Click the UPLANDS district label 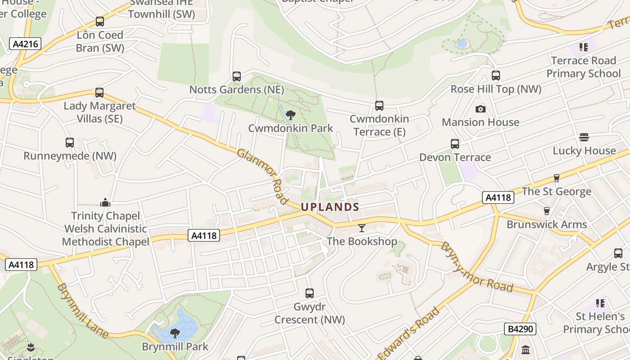pyautogui.click(x=330, y=207)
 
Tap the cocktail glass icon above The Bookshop pyautogui.click(x=361, y=228)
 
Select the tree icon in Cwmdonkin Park pyautogui.click(x=291, y=115)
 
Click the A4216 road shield pyautogui.click(x=25, y=44)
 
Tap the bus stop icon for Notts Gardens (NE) pyautogui.click(x=237, y=76)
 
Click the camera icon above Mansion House pyautogui.click(x=480, y=109)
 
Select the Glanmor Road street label pyautogui.click(x=262, y=176)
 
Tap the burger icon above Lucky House pyautogui.click(x=584, y=137)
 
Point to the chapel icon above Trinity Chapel pyautogui.click(x=105, y=202)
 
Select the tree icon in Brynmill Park pyautogui.click(x=175, y=333)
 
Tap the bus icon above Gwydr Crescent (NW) pyautogui.click(x=310, y=293)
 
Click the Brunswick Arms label pyautogui.click(x=547, y=224)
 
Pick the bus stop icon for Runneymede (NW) pyautogui.click(x=70, y=143)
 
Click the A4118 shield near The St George pyautogui.click(x=498, y=197)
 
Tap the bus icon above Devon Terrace pyautogui.click(x=455, y=144)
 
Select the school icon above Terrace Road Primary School pyautogui.click(x=584, y=47)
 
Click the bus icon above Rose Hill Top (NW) pyautogui.click(x=496, y=76)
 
